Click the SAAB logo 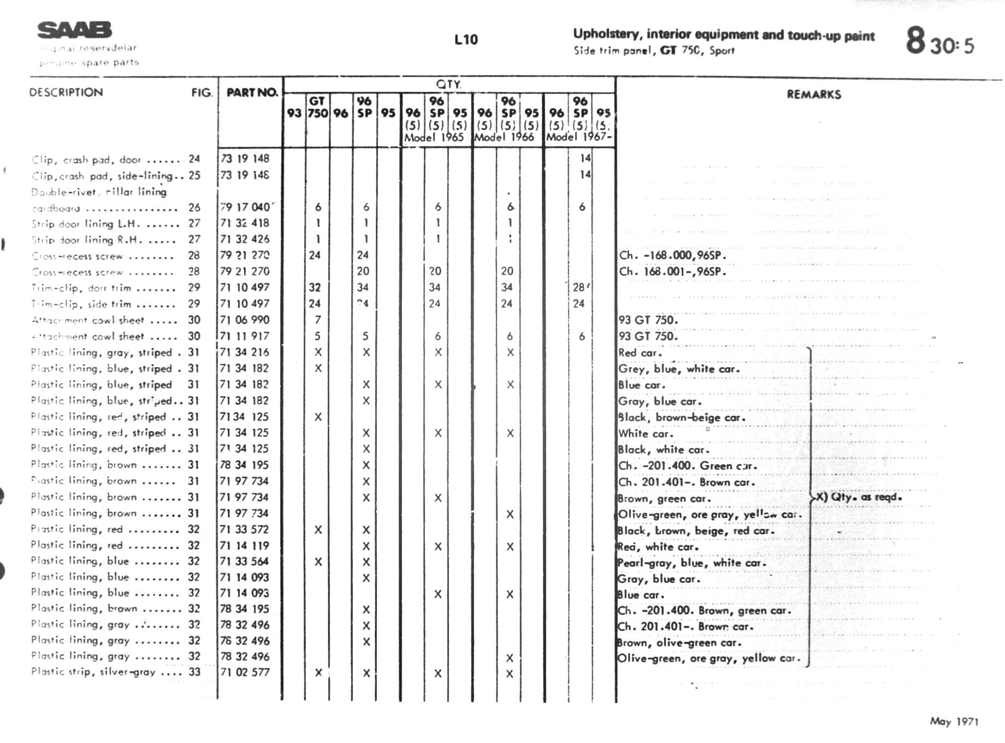(x=74, y=30)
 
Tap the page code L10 (x=466, y=40)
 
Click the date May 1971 (x=954, y=722)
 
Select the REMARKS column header (x=813, y=95)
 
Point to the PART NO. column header (x=252, y=92)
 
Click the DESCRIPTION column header (x=66, y=92)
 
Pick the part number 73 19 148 (x=245, y=158)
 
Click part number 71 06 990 (x=245, y=320)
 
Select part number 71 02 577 (x=245, y=672)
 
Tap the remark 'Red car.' (x=640, y=353)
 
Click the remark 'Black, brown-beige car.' (x=682, y=417)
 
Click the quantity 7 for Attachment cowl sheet (x=318, y=320)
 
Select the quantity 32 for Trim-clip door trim (x=315, y=287)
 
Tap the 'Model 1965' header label (x=434, y=137)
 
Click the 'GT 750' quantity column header (x=317, y=107)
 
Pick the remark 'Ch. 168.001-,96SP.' (x=672, y=272)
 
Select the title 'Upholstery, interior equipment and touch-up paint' (x=724, y=35)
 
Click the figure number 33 (x=194, y=672)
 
